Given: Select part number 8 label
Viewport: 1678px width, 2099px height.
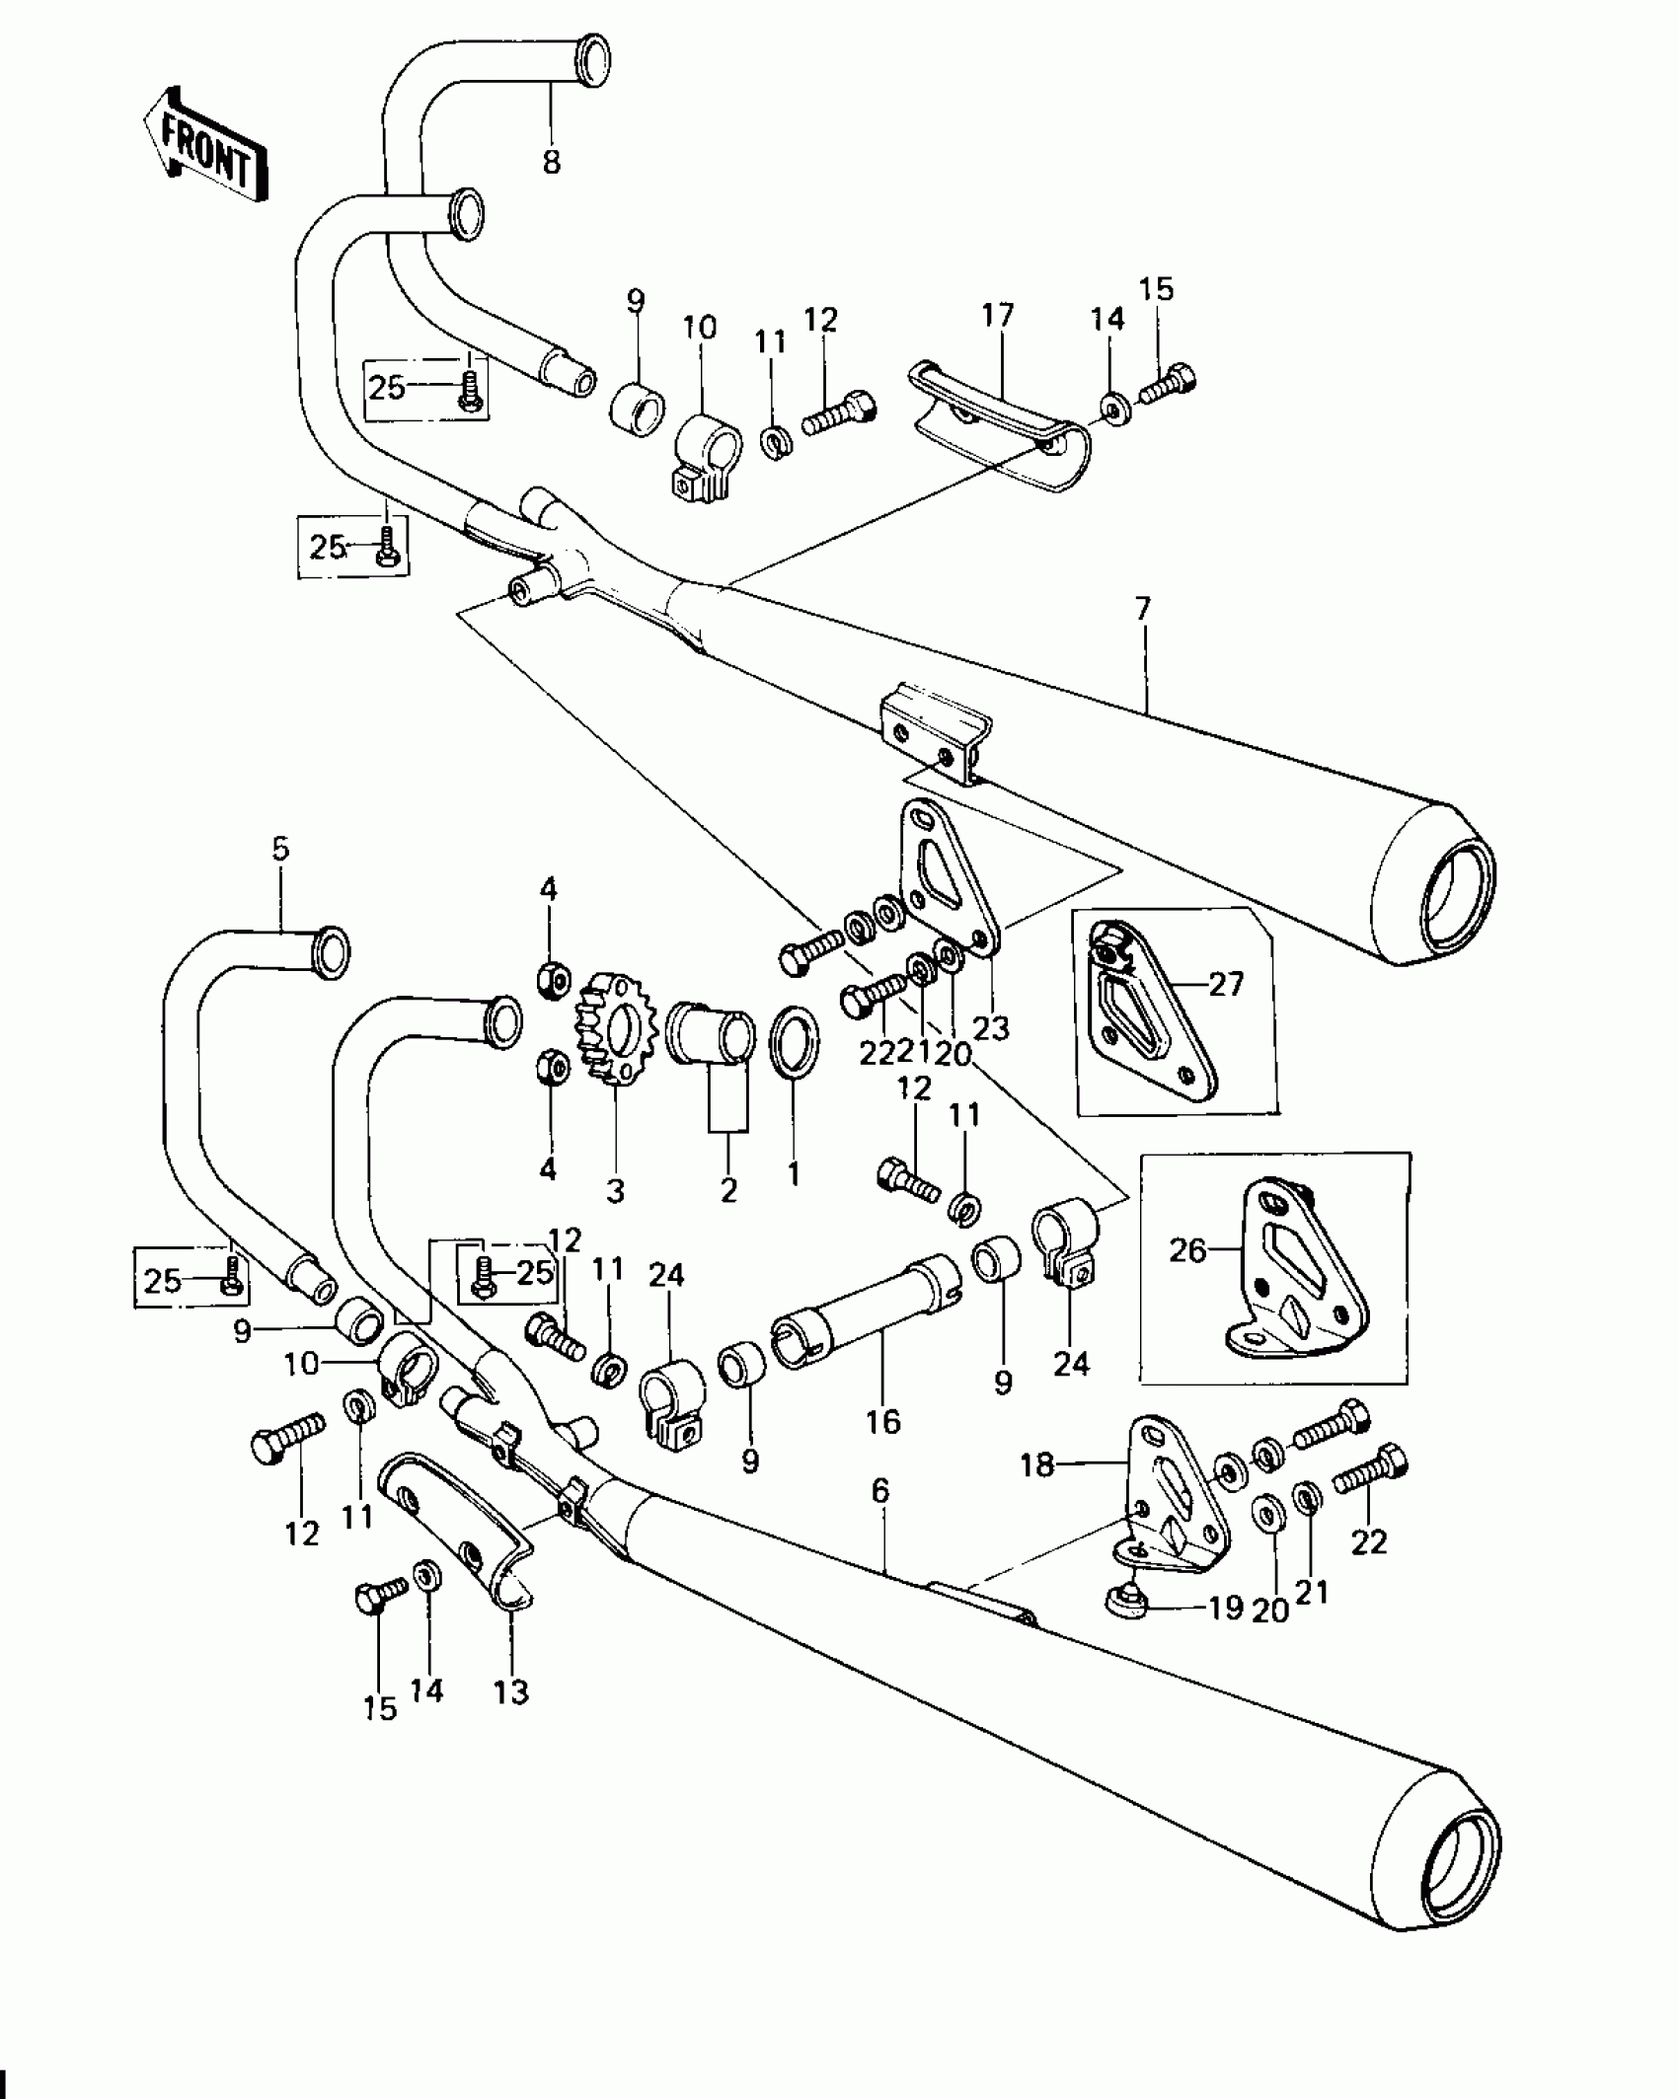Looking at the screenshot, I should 551,161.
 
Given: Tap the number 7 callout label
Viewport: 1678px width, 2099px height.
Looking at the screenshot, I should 1143,610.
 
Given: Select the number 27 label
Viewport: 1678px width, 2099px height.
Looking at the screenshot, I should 1226,984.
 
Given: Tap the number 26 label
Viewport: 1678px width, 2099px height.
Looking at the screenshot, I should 1187,1250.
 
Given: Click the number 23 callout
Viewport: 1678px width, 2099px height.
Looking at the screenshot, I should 991,1028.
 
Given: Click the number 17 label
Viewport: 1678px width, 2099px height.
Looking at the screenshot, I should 998,317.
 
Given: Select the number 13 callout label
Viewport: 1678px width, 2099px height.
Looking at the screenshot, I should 512,1692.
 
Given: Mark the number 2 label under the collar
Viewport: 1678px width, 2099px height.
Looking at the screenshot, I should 728,1191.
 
